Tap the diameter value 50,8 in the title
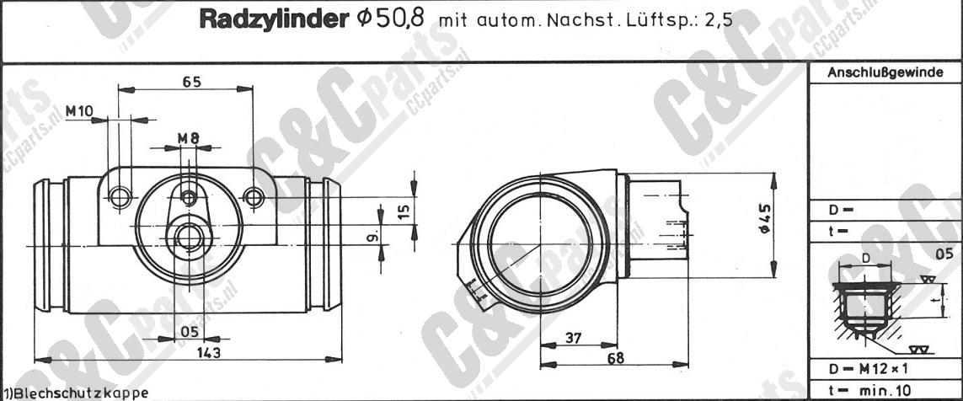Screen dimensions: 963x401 [x=400, y=19]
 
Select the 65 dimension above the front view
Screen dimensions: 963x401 [x=192, y=81]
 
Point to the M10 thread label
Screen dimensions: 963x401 [x=78, y=111]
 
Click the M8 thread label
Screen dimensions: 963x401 [x=189, y=139]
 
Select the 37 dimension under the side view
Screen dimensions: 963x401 [x=574, y=338]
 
